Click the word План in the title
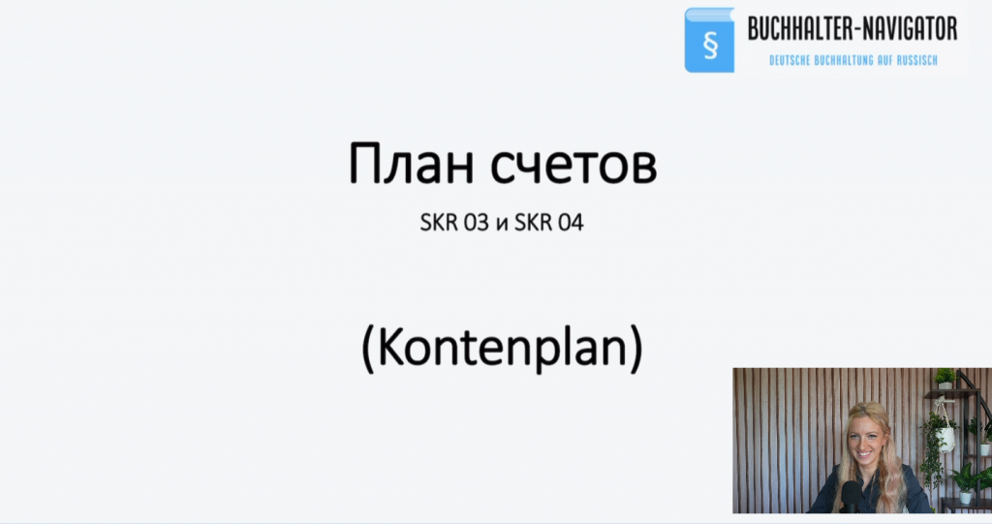411,164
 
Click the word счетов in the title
573,166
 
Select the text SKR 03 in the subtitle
454,223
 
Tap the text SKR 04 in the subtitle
548,223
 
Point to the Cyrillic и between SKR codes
502,225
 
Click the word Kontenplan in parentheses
502,347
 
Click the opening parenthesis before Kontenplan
368,350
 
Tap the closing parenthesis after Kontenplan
635,350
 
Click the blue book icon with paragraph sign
709,40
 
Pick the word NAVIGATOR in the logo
906,29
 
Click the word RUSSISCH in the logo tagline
916,61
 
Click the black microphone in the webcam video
852,496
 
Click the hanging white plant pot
945,439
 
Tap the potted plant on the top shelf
945,379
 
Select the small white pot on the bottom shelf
966,498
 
